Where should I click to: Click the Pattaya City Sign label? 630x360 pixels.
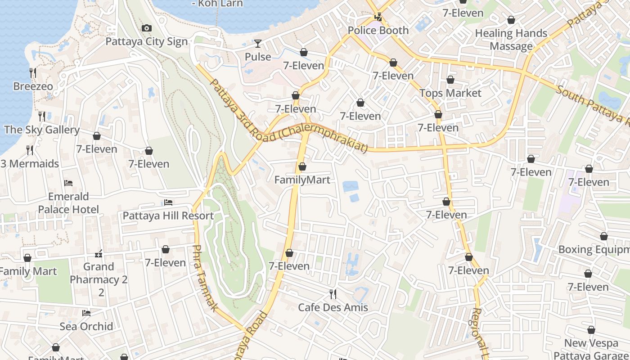146,42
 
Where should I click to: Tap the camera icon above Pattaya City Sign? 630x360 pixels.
146,28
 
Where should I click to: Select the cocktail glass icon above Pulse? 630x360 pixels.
258,44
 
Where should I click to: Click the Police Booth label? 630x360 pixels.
378,31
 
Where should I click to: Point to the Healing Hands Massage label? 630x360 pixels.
511,40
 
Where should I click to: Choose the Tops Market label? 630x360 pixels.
450,93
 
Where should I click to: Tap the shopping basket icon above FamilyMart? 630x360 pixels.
302,167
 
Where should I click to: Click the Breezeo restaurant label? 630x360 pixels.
33,86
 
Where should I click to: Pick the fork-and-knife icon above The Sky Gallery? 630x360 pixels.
42,117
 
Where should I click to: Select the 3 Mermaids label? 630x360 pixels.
30,164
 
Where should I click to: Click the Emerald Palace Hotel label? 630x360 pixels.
68,203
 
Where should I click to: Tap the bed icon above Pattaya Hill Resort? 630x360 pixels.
168,202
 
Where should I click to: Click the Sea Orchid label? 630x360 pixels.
86,326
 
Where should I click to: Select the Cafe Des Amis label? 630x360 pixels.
333,308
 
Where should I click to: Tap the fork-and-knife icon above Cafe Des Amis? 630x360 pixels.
333,294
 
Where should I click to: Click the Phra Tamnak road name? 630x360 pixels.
205,278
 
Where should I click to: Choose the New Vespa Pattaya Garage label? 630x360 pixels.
591,349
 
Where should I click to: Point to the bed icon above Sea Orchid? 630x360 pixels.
86,313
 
